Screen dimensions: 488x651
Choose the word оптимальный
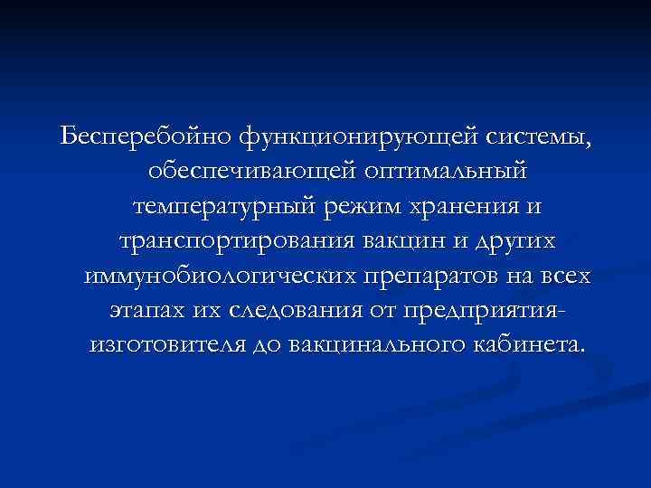coord(448,172)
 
